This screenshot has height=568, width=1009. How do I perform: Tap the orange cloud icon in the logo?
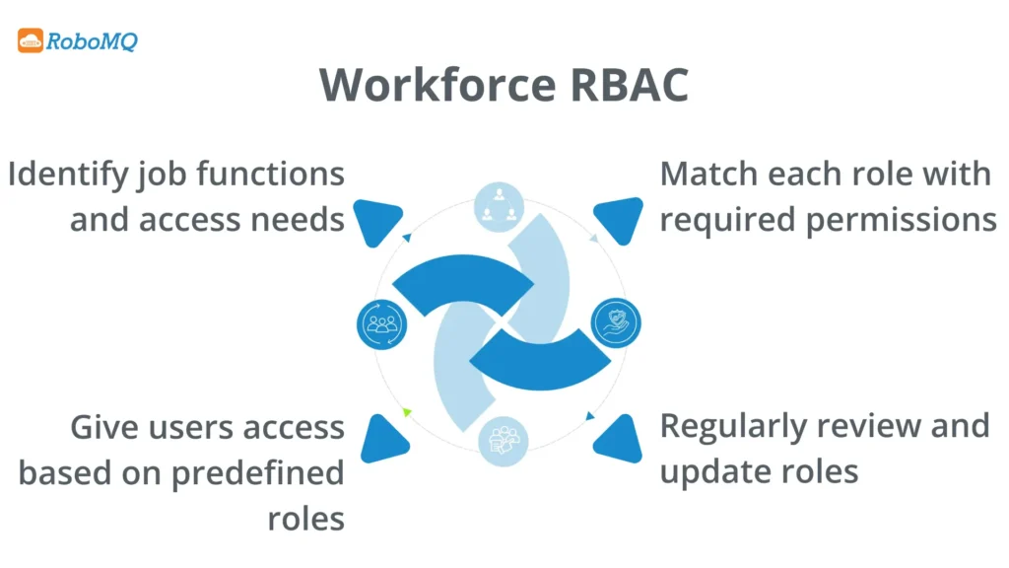click(31, 41)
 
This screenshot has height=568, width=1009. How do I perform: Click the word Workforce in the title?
click(432, 85)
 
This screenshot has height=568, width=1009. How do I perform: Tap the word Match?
click(704, 175)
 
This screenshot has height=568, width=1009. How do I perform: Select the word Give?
click(104, 427)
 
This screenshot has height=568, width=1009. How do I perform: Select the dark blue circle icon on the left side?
click(379, 322)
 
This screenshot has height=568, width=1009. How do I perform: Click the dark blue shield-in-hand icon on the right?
click(616, 322)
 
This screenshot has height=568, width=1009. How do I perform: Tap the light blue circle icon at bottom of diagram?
click(503, 440)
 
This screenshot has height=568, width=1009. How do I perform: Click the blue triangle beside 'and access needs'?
click(375, 221)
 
